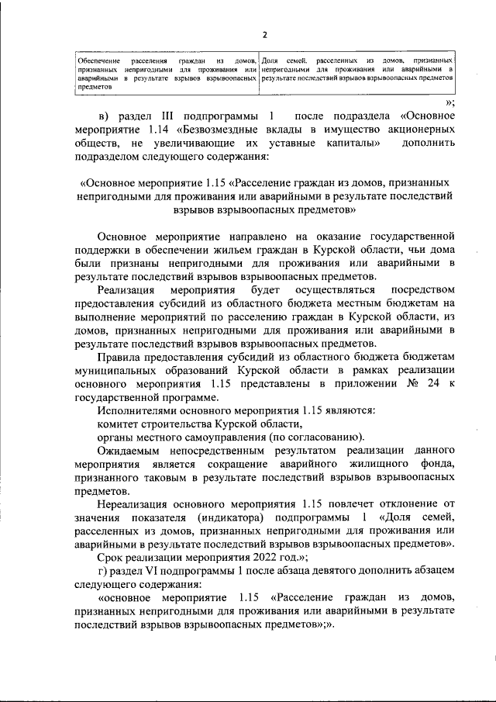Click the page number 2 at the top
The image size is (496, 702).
tap(264, 35)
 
